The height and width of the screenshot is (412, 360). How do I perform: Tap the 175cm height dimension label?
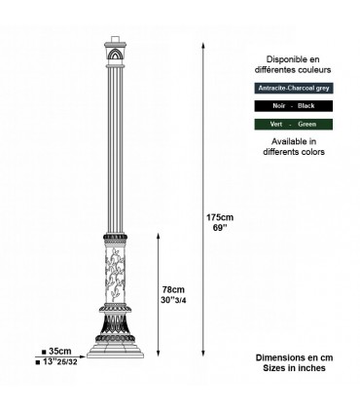(x=219, y=216)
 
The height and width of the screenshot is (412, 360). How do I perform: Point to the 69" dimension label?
(x=219, y=227)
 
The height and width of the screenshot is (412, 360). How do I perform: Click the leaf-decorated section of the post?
(x=117, y=282)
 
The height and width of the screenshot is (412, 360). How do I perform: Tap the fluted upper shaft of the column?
(x=117, y=146)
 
